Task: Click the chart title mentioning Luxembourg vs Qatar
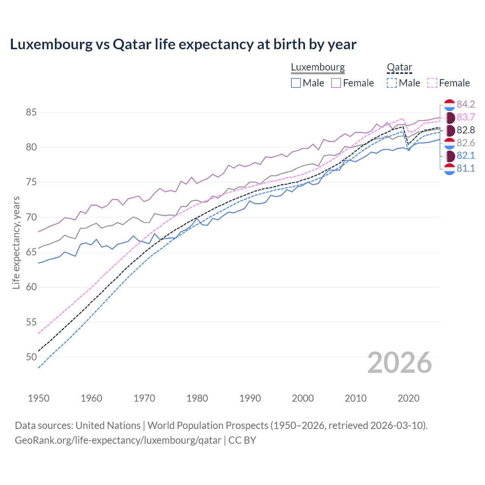click(x=183, y=44)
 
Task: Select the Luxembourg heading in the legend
click(x=318, y=67)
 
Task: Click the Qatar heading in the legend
click(x=399, y=67)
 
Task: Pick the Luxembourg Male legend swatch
click(x=296, y=83)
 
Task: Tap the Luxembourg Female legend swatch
click(x=336, y=83)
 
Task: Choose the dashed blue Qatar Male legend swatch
click(x=392, y=83)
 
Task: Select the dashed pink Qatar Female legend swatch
click(x=432, y=83)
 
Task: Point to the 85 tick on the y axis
click(x=31, y=113)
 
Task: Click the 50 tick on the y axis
click(x=31, y=357)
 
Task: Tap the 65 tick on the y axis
click(x=31, y=252)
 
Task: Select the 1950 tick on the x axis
click(x=39, y=398)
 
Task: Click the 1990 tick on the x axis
click(x=250, y=398)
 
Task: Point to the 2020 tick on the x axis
click(x=408, y=398)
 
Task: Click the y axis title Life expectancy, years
click(x=16, y=242)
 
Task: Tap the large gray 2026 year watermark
click(x=399, y=363)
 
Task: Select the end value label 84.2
click(x=466, y=105)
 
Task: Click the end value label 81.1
click(x=466, y=169)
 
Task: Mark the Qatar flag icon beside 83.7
click(x=449, y=117)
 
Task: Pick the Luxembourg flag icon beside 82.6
click(x=449, y=143)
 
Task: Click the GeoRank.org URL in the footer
click(x=118, y=440)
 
